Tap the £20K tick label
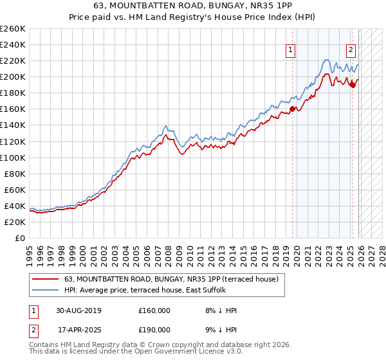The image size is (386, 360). coord(15,222)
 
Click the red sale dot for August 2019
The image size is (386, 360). coord(292,109)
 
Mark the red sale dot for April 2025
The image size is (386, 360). coord(353,85)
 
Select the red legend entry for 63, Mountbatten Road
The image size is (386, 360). coord(170,279)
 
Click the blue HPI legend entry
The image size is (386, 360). coord(145,291)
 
